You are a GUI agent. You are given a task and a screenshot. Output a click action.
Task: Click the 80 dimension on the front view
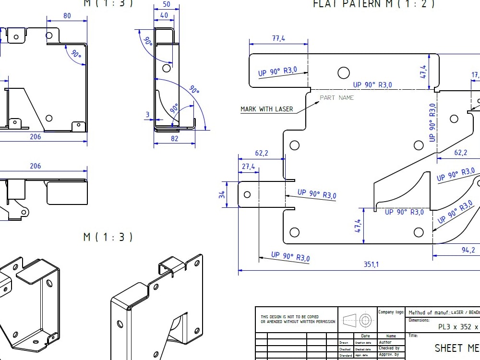click(x=67, y=16)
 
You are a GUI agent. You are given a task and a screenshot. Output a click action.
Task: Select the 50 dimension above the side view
click(x=167, y=4)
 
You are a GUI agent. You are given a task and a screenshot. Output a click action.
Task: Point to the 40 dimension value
click(x=164, y=15)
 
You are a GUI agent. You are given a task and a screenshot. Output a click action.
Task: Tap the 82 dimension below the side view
click(x=174, y=139)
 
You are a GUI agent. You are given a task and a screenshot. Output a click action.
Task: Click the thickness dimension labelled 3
click(x=148, y=115)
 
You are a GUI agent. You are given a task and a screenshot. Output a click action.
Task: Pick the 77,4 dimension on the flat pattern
click(x=278, y=38)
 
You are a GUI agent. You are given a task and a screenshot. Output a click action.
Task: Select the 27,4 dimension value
click(x=248, y=166)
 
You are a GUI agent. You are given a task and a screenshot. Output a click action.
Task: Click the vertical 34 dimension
click(x=221, y=194)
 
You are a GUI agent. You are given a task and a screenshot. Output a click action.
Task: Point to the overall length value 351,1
click(x=370, y=264)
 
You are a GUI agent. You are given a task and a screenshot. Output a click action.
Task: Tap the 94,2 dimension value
click(x=468, y=250)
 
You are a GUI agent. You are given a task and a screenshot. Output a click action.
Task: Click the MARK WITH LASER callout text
click(x=266, y=109)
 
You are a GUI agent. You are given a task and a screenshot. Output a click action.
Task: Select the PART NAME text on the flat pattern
click(x=336, y=98)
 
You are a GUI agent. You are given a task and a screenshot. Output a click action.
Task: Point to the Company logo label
click(x=391, y=312)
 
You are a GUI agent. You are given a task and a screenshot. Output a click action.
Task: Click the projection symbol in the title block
click(x=357, y=320)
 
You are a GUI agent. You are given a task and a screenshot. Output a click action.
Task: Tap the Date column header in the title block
click(x=365, y=336)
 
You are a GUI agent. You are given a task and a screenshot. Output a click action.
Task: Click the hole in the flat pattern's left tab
click(x=247, y=194)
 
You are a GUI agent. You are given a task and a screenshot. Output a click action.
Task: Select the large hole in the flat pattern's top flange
click(x=343, y=72)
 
